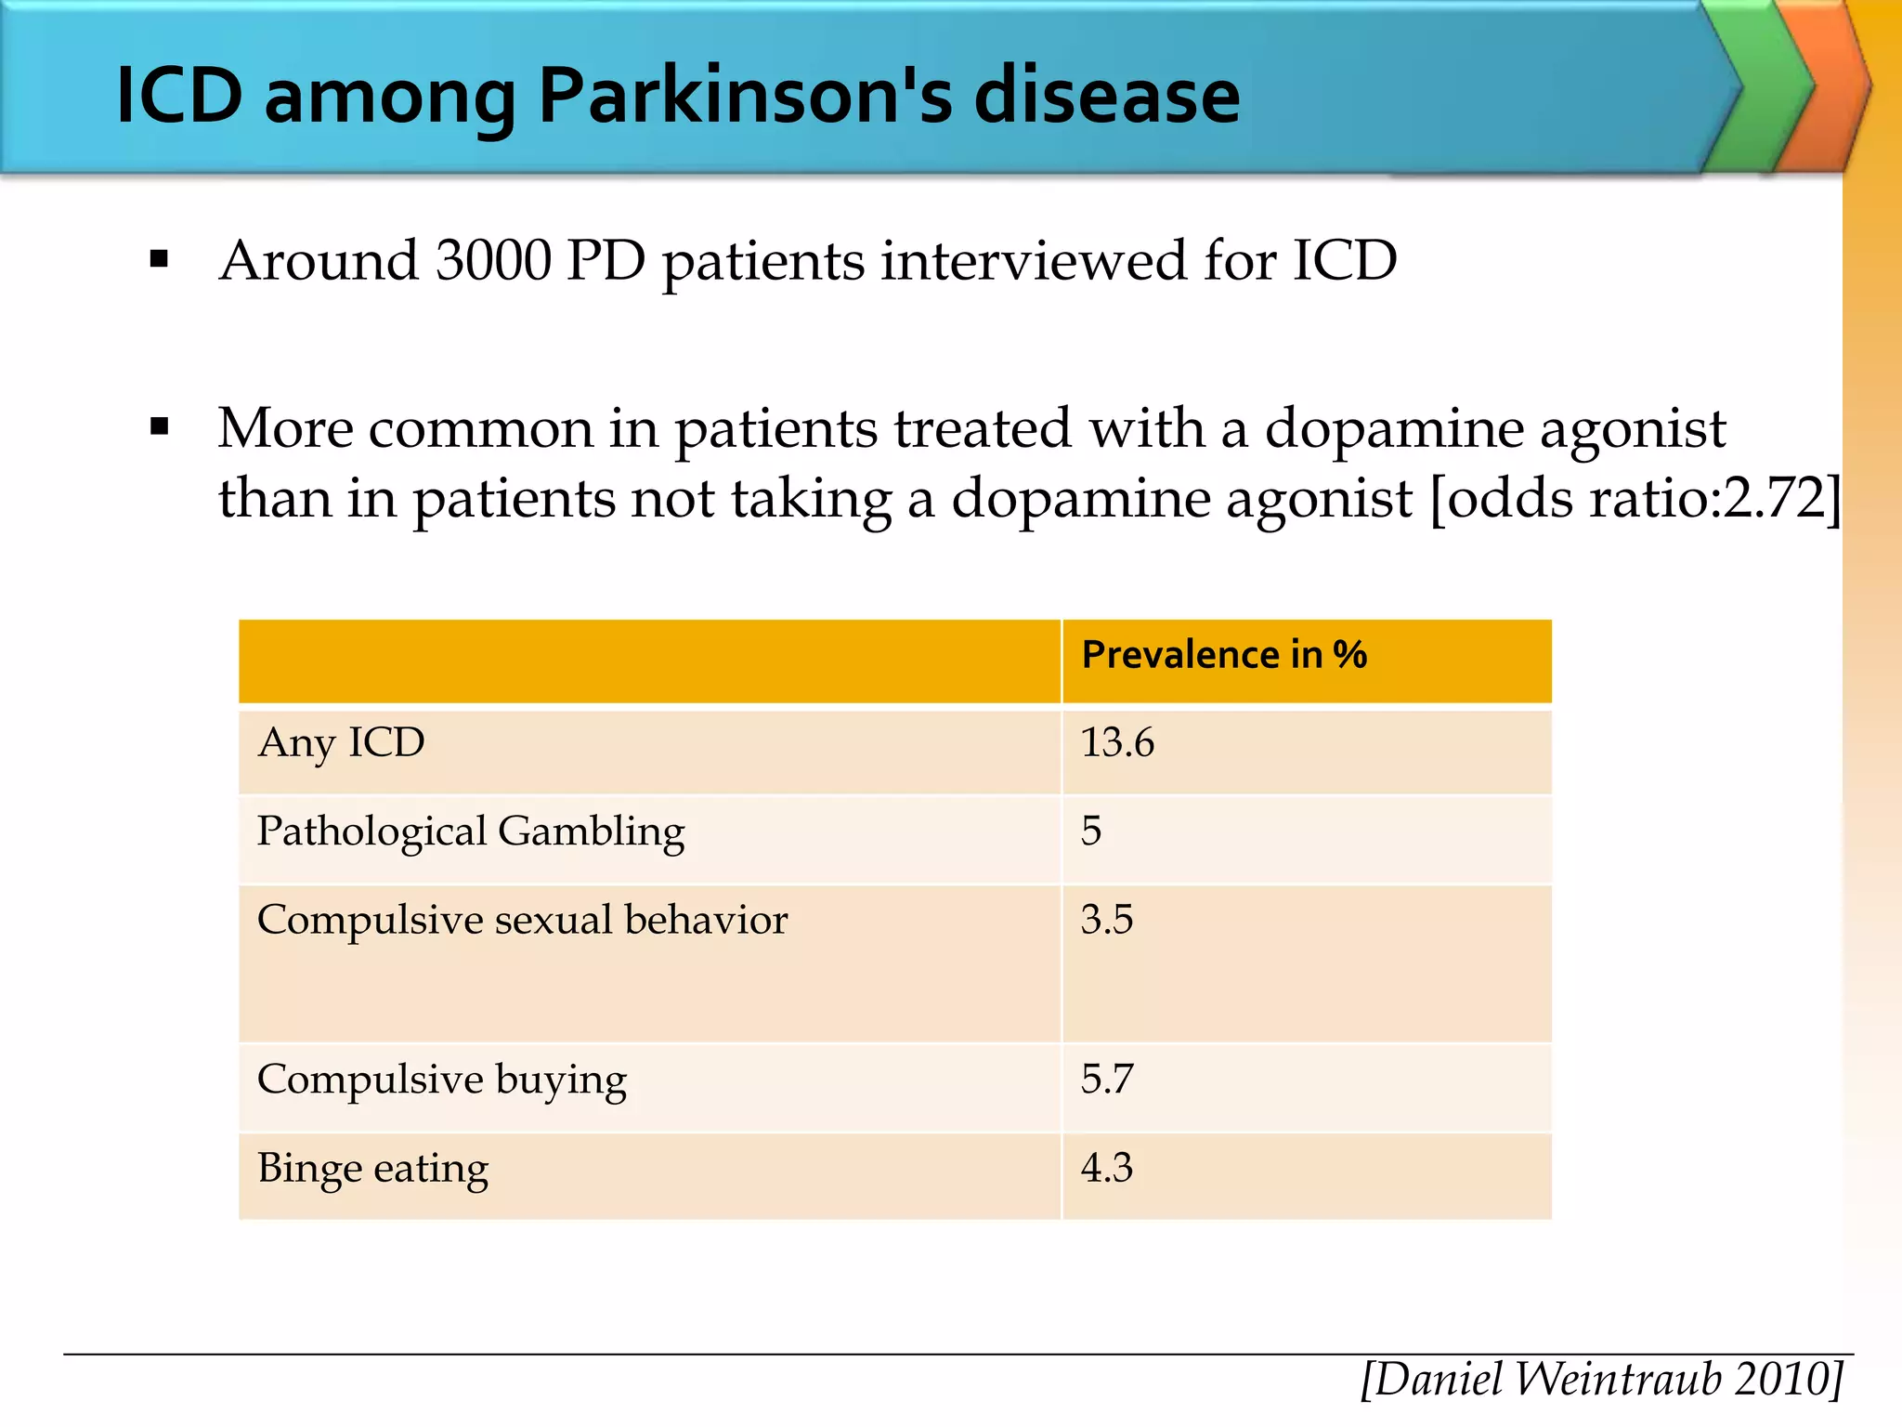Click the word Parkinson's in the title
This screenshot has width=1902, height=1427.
point(747,96)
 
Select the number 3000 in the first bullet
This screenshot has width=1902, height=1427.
point(493,260)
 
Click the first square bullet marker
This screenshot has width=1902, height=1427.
point(160,259)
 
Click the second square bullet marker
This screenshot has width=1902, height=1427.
point(160,427)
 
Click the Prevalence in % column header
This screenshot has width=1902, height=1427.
point(1224,655)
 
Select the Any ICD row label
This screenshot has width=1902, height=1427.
point(341,743)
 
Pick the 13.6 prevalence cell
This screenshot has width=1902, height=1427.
point(1117,743)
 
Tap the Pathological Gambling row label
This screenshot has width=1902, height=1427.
point(470,831)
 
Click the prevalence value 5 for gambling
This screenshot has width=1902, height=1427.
point(1091,831)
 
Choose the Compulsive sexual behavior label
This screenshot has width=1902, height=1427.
point(522,920)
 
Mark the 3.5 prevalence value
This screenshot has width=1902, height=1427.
point(1106,920)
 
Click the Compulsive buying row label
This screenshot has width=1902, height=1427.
point(441,1080)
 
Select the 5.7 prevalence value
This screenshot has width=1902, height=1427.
point(1106,1080)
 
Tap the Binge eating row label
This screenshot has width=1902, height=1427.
point(372,1169)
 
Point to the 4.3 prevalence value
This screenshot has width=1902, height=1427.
point(1106,1169)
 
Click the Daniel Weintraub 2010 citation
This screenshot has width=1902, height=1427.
point(1602,1379)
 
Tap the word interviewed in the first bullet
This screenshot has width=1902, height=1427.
point(1034,260)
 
